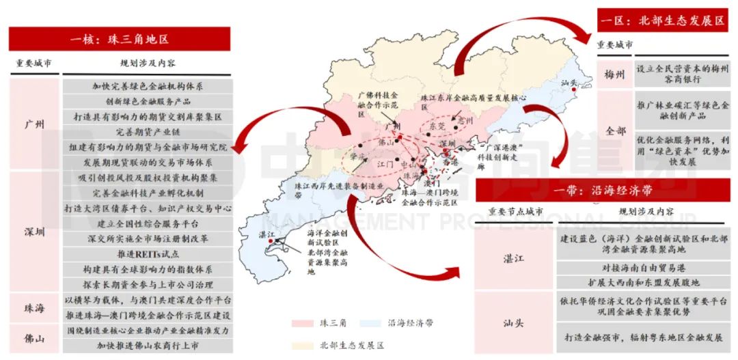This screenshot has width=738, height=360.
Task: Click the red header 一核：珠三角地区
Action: coord(119,38)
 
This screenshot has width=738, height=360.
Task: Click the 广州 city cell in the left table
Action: coord(33,124)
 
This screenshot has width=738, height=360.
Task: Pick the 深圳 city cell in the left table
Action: coord(33,232)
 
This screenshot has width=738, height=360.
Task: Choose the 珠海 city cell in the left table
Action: coord(33,307)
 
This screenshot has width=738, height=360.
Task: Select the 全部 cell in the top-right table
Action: coord(614,130)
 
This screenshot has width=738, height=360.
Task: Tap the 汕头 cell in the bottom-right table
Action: coord(515,321)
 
